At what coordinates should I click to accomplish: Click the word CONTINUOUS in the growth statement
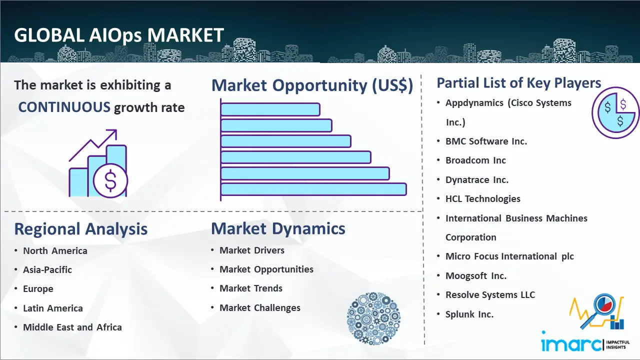point(64,107)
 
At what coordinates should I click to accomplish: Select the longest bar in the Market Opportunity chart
point(313,189)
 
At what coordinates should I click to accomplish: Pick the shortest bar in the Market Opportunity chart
point(270,109)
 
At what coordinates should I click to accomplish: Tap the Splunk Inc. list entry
point(469,314)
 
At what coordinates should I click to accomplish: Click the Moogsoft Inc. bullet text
point(476,275)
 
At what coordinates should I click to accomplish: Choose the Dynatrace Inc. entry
point(477,180)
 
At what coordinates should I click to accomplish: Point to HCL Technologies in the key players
point(483,199)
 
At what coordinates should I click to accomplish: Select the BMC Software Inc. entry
point(486,141)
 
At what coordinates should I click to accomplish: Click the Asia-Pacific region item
point(47,269)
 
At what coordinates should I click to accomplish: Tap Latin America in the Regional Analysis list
point(53,308)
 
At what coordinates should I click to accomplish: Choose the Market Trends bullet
point(251,288)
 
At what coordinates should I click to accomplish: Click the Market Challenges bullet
point(259,307)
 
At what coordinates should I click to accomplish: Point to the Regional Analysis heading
point(81,229)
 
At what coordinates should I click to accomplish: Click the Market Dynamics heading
point(278,228)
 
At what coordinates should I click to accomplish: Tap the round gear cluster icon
point(373,318)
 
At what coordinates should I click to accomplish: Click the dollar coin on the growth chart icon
point(110,180)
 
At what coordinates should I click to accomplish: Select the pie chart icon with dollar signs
point(615,113)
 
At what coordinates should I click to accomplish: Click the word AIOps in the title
point(115,35)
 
